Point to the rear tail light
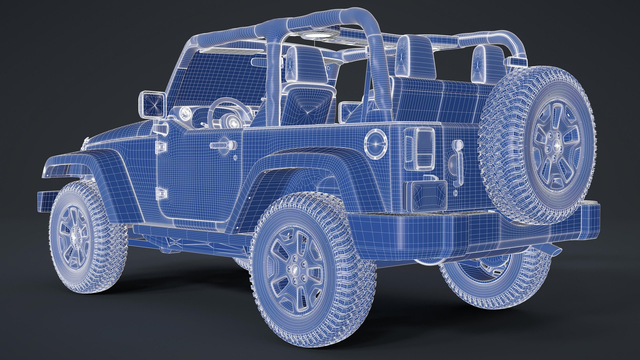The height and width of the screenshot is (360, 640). (x=419, y=148)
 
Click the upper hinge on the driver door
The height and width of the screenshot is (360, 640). (x=161, y=146)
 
